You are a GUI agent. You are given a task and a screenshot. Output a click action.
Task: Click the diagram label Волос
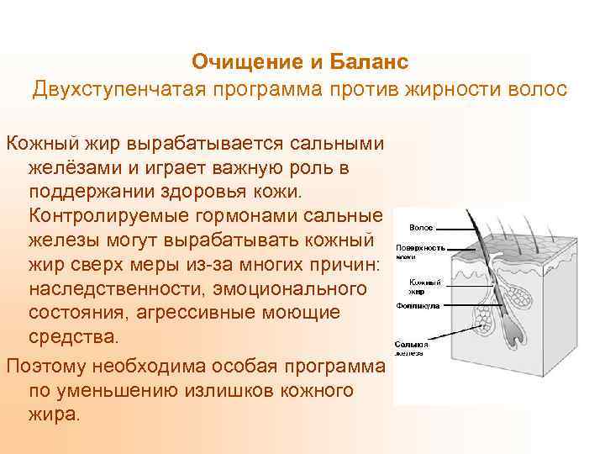[421, 227]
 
